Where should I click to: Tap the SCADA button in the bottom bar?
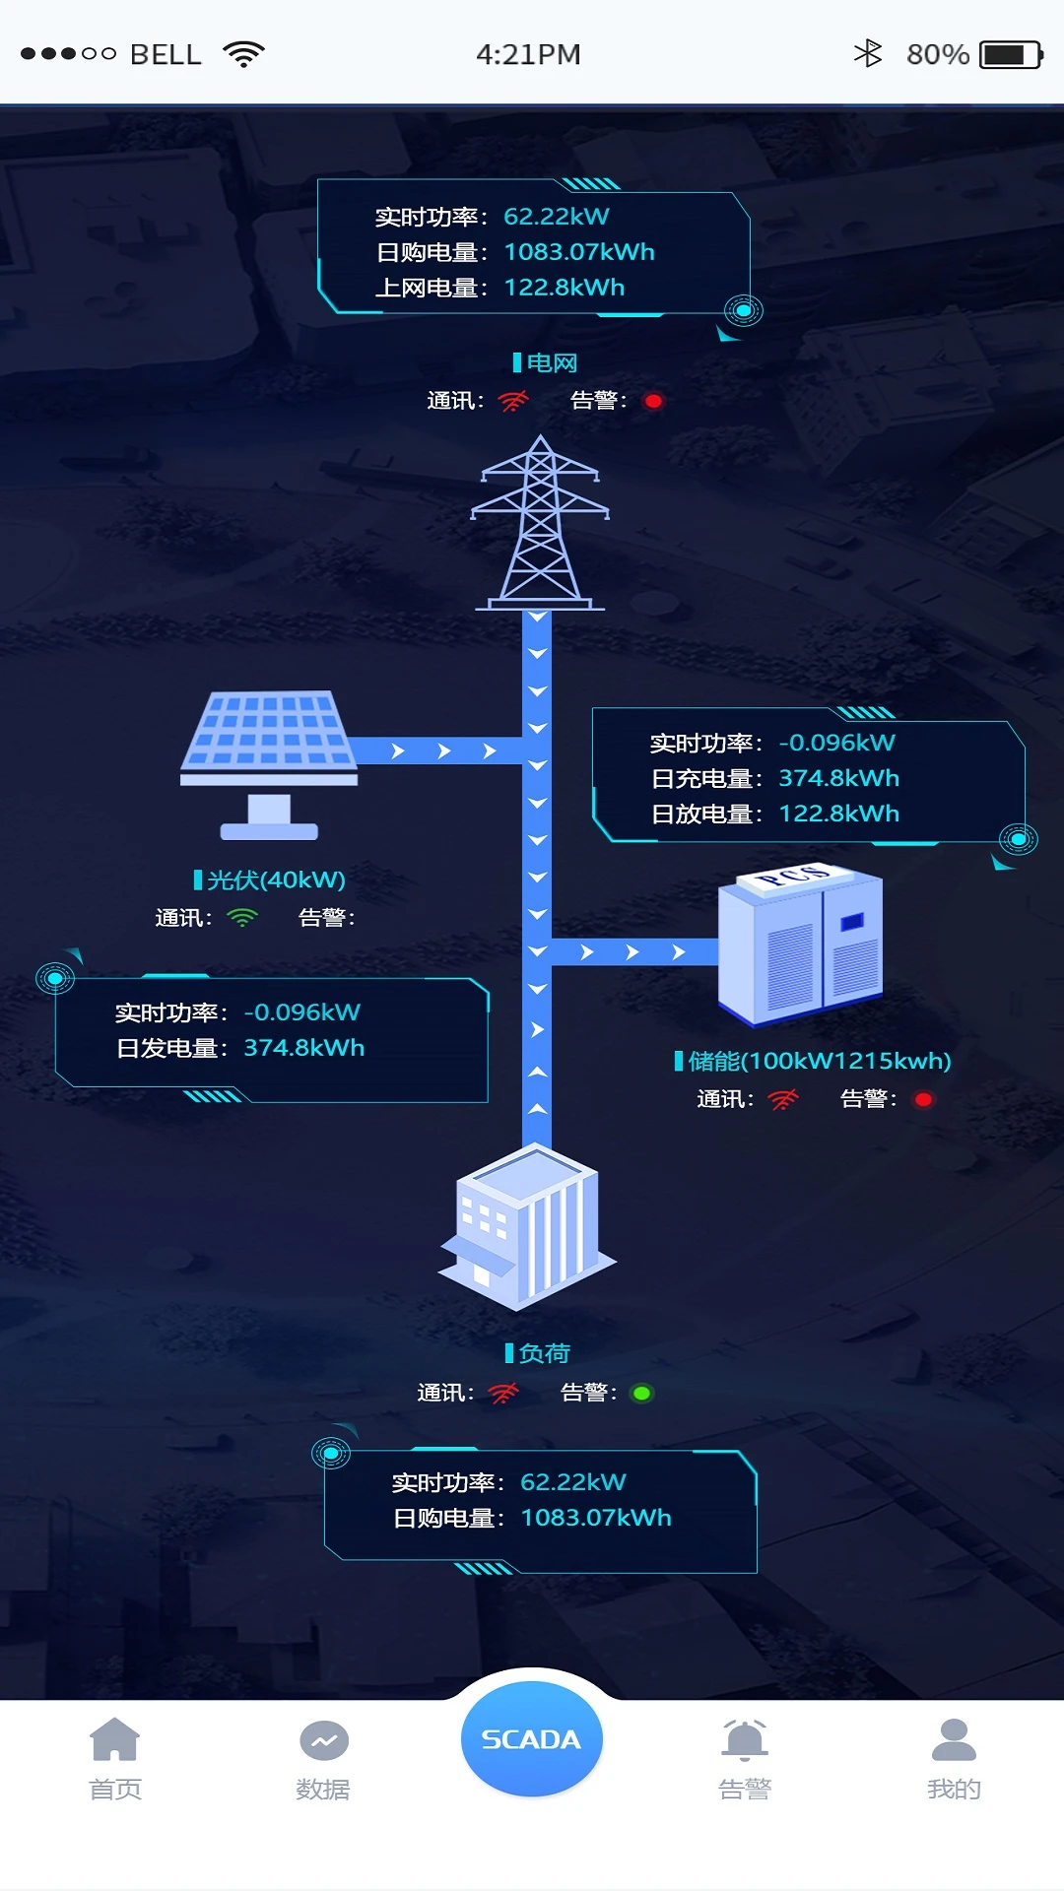click(x=531, y=1739)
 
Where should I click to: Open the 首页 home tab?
click(x=115, y=1757)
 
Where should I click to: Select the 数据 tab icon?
click(x=323, y=1741)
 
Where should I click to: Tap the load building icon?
click(x=527, y=1226)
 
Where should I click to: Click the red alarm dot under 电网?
click(x=653, y=401)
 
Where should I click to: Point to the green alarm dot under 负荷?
click(x=641, y=1393)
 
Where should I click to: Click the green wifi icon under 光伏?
click(x=241, y=918)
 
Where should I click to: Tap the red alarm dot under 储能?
click(x=923, y=1099)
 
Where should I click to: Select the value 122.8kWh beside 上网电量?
click(x=564, y=288)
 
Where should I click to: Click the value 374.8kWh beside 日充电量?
click(x=838, y=778)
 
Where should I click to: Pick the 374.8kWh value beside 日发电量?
click(x=303, y=1048)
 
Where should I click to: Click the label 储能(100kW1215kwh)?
click(x=819, y=1061)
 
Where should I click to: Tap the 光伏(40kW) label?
click(x=276, y=880)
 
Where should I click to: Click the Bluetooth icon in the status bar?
click(x=867, y=53)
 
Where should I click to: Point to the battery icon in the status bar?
click(x=1010, y=54)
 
